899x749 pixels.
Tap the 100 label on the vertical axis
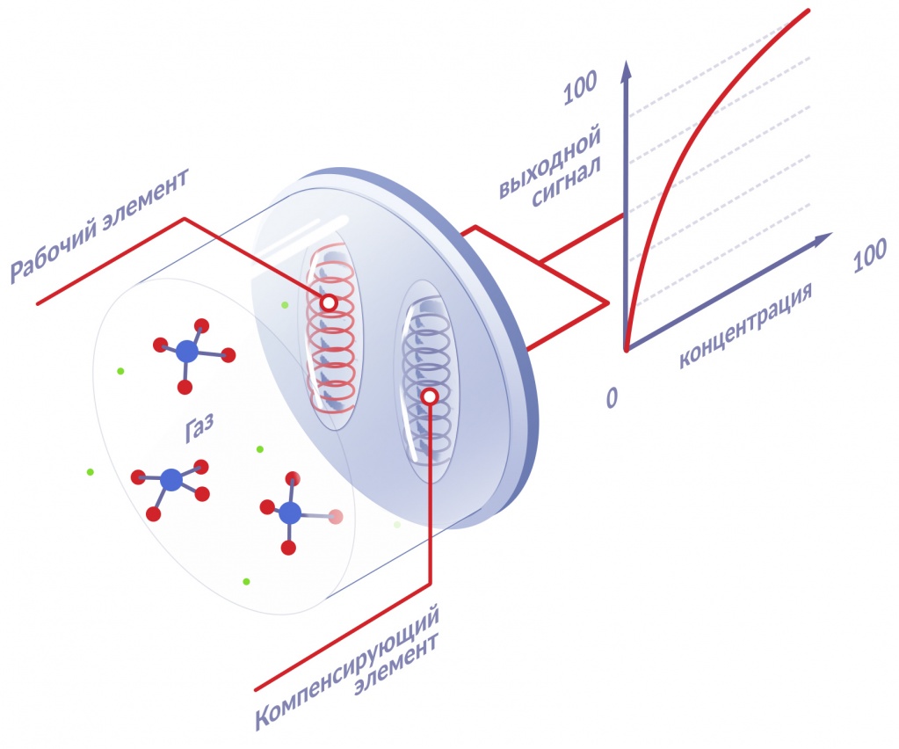coord(580,89)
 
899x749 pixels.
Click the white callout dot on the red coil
coord(328,303)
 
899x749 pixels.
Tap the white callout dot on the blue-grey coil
coord(430,396)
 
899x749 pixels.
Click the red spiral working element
coord(332,343)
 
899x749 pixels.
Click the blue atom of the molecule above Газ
coord(187,352)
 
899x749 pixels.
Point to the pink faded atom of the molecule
coord(335,517)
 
